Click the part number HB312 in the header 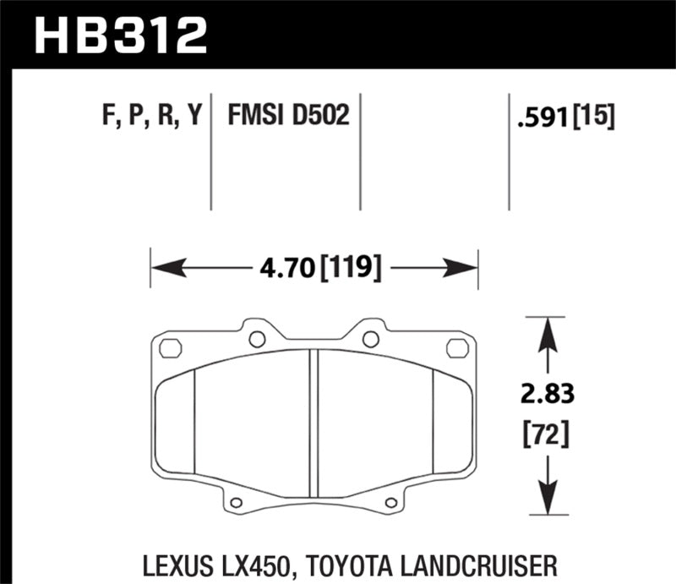coord(119,35)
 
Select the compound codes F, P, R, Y coord(151,116)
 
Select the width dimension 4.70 coord(286,270)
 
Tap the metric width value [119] coord(349,270)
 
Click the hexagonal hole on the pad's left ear coord(170,347)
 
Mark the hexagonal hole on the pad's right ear coord(456,347)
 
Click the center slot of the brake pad coord(313,423)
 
